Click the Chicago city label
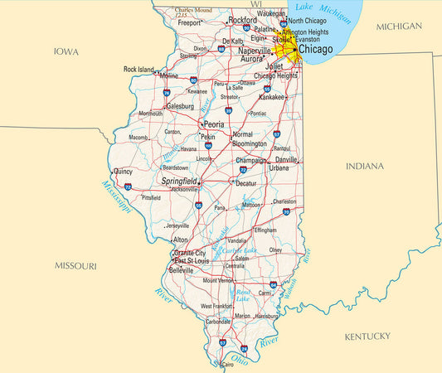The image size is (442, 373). (x=316, y=50)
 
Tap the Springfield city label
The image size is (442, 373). (x=179, y=180)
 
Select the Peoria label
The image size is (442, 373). (x=208, y=124)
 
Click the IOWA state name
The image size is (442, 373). (x=66, y=51)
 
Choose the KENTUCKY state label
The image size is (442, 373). (x=367, y=336)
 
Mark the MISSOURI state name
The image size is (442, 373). (x=75, y=266)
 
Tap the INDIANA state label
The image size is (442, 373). (x=365, y=166)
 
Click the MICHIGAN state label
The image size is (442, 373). (x=399, y=27)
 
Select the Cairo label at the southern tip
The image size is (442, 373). (x=227, y=364)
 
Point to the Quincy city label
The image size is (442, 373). (x=123, y=172)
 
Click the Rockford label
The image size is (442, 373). (x=243, y=19)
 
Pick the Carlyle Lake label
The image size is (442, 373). (x=239, y=249)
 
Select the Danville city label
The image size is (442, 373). (x=286, y=158)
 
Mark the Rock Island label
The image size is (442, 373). (x=138, y=69)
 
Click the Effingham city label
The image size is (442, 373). (x=265, y=230)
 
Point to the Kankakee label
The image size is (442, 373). (x=273, y=97)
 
